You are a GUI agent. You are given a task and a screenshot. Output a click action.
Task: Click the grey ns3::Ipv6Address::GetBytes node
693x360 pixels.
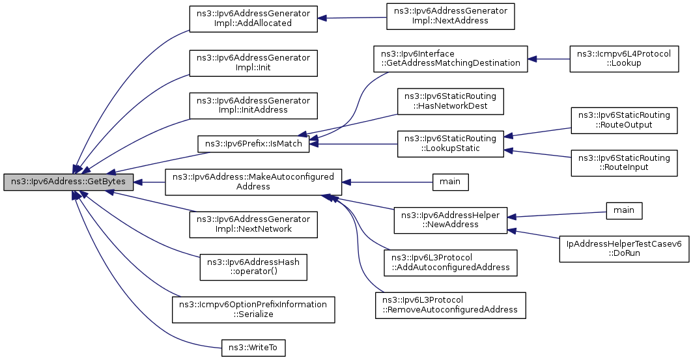[x=68, y=182]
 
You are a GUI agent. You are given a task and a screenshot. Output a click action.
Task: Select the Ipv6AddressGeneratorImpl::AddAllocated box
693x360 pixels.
[x=253, y=18]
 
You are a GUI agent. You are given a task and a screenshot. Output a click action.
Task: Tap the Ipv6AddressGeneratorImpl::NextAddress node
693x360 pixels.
[x=450, y=16]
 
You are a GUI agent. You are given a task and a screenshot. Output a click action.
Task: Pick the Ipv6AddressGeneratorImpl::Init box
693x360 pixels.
[x=253, y=62]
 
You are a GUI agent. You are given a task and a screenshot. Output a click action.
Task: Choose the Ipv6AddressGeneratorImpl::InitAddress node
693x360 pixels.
[x=253, y=105]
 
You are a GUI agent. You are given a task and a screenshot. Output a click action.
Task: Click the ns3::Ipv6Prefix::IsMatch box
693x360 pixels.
[x=253, y=144]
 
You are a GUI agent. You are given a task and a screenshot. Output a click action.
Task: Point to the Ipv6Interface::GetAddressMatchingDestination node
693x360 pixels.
[x=450, y=59]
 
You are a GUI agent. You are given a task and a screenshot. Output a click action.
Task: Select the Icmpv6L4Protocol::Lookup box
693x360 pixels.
[x=623, y=59]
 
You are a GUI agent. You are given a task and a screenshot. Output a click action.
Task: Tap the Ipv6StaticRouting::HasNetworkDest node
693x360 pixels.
[x=450, y=101]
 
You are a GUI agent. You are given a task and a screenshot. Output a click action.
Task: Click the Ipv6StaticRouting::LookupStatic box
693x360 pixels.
[x=450, y=144]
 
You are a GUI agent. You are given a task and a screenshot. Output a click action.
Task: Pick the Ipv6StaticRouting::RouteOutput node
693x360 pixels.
[x=623, y=120]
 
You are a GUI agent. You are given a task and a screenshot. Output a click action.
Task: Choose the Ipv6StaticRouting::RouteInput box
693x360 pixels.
[x=623, y=163]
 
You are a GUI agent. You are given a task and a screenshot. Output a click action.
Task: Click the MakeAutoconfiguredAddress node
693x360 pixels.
[x=253, y=182]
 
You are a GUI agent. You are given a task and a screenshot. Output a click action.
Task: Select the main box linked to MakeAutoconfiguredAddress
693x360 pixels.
[x=450, y=182]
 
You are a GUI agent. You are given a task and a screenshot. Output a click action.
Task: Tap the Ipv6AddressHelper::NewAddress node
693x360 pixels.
[x=450, y=220]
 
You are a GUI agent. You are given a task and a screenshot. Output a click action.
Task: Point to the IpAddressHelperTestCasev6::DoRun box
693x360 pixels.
[x=623, y=249]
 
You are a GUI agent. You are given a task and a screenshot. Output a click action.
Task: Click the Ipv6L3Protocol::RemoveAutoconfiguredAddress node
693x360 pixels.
[x=450, y=305]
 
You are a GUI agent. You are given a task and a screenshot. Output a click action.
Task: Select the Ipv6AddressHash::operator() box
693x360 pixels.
[x=253, y=267]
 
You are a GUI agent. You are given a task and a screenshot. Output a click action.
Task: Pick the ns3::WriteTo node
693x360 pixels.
[x=253, y=348]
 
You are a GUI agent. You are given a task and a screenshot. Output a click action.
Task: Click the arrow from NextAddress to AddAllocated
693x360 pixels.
[x=352, y=18]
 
